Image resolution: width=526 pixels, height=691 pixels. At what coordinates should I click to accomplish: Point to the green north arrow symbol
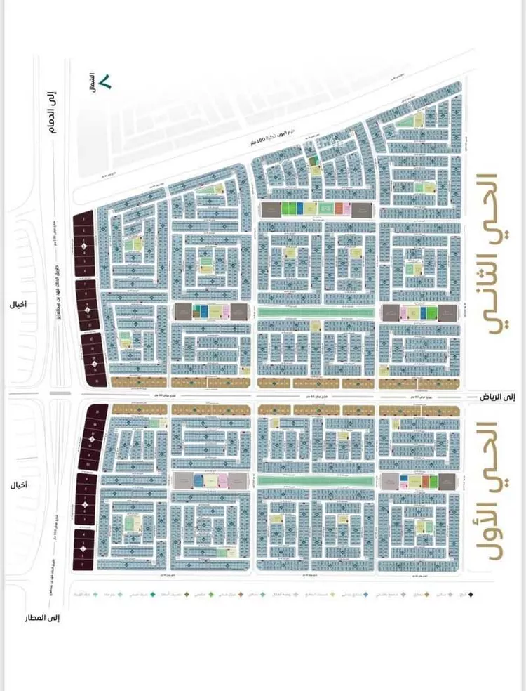click(x=105, y=81)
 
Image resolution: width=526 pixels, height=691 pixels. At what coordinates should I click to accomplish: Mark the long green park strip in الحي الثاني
click(x=317, y=312)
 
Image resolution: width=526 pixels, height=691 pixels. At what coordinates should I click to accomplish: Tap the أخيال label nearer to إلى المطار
click(x=20, y=485)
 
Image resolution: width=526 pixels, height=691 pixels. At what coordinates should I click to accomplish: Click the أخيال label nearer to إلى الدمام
click(x=20, y=305)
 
